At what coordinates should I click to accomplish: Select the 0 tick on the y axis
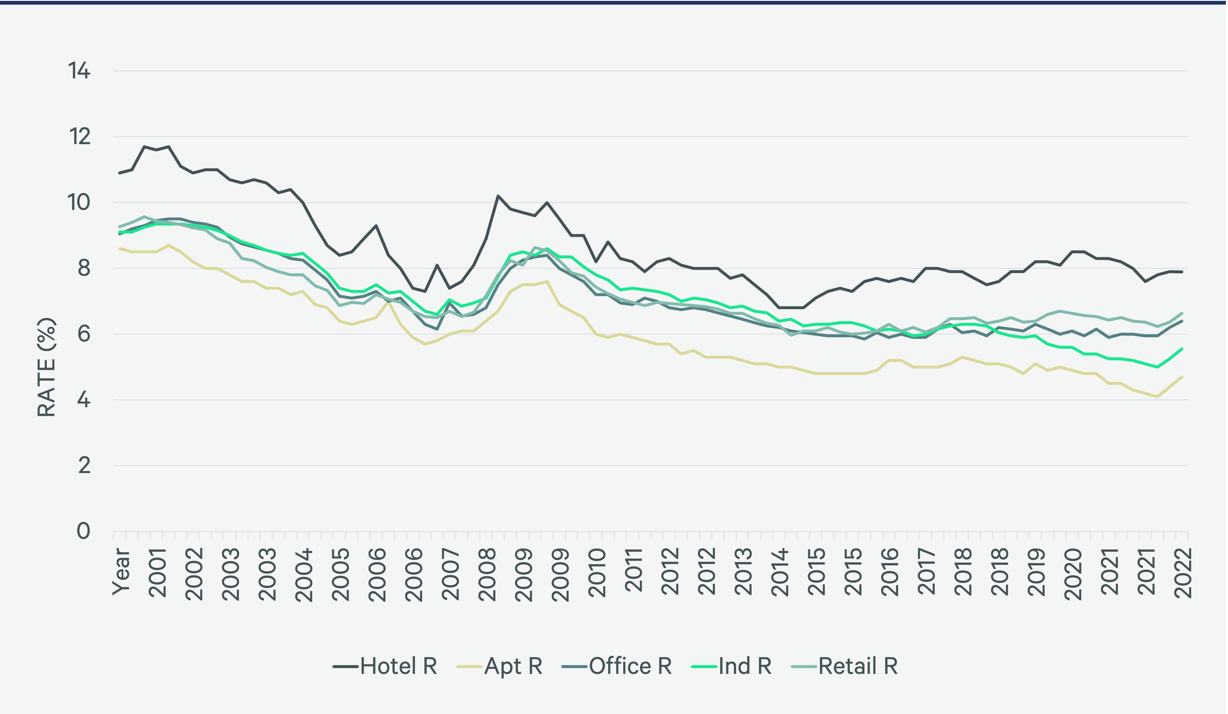pos(83,531)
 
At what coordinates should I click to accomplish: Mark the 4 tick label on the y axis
pos(83,400)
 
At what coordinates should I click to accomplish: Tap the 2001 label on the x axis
pos(158,573)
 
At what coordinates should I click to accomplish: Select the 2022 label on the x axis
pos(1183,573)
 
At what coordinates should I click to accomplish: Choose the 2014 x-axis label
pos(780,573)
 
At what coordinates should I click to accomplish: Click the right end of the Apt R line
pos(1182,377)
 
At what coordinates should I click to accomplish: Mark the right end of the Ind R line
pos(1182,348)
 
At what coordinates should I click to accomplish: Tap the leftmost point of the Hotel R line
pos(119,173)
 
